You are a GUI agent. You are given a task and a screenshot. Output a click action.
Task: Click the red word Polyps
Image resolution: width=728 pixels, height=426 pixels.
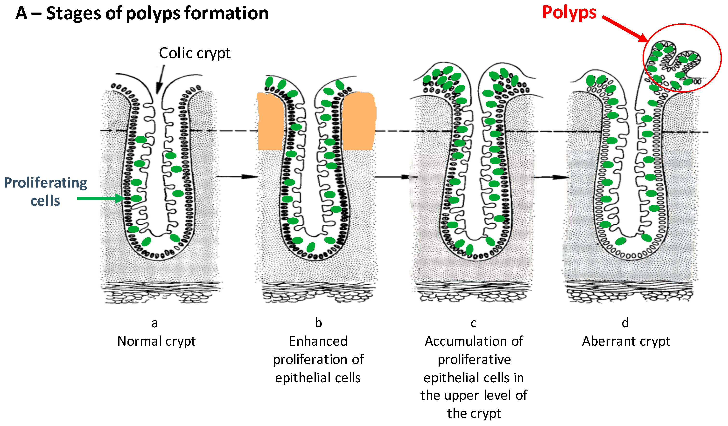click(569, 13)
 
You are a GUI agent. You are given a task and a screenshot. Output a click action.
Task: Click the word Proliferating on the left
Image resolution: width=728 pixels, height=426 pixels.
click(45, 182)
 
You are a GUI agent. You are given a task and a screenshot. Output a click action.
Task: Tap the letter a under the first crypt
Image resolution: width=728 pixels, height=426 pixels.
click(154, 323)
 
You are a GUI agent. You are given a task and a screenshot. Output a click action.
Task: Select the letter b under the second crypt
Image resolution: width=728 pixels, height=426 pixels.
click(318, 323)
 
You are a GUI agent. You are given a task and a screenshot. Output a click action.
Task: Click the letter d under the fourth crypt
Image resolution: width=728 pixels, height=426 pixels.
click(625, 323)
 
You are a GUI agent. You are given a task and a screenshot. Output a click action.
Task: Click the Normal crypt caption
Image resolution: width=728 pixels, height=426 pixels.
click(156, 341)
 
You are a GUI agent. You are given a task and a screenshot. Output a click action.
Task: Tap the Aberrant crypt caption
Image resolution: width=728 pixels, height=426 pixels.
click(626, 341)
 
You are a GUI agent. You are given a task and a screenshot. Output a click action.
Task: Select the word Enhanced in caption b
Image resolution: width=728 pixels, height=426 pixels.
click(318, 341)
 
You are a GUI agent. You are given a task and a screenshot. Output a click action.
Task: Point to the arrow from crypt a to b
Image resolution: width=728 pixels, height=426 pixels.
click(237, 176)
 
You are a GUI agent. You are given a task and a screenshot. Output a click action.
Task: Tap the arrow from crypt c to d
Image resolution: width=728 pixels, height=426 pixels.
click(550, 177)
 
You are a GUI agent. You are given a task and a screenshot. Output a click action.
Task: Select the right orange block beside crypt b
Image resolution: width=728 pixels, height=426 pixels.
click(358, 121)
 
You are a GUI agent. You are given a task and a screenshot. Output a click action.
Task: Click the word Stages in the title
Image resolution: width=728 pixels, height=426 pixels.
click(74, 14)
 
